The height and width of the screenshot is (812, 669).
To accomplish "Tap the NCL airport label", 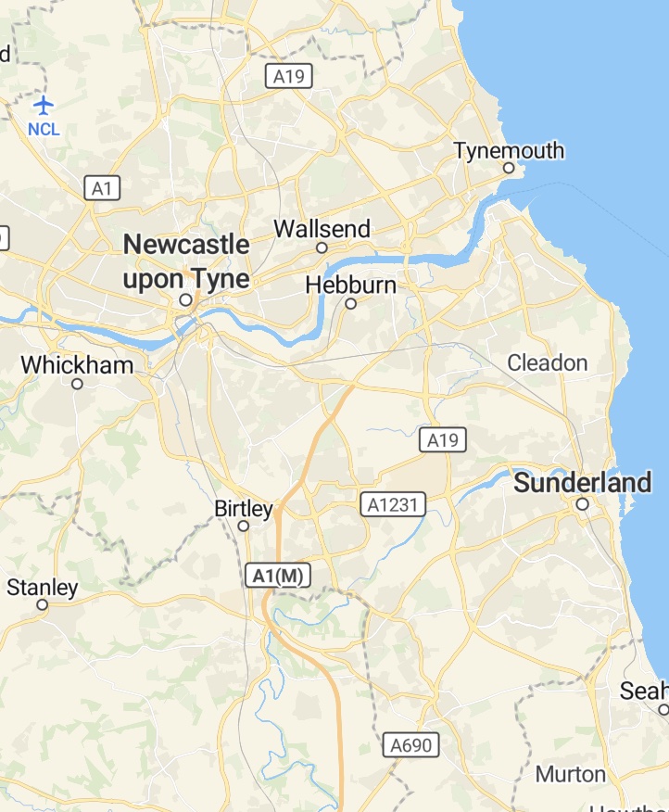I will (x=44, y=129).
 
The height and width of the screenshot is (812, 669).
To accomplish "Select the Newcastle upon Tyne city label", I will (x=186, y=261).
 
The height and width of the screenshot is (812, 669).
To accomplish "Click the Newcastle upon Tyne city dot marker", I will (x=185, y=300).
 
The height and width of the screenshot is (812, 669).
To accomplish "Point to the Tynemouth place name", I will (x=509, y=150).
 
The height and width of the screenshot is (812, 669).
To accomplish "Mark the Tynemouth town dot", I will (x=508, y=168).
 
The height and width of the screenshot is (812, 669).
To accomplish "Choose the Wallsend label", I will (x=322, y=229).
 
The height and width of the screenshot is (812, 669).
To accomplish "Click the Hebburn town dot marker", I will (x=350, y=303).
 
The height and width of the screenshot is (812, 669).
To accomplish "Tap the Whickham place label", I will (x=77, y=364).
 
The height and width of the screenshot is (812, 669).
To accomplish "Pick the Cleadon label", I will (x=548, y=362).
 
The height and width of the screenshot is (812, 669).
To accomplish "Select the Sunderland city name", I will (x=583, y=483).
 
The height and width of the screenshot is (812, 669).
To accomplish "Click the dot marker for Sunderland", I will (x=582, y=504).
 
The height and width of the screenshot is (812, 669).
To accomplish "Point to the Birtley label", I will (x=244, y=509).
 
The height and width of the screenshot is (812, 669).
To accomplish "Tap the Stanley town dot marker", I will (x=42, y=604).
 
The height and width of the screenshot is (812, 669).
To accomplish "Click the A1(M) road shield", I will (x=278, y=576).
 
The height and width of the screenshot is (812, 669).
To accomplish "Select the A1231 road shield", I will (x=393, y=504).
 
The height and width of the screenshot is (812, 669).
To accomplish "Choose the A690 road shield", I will (x=410, y=744).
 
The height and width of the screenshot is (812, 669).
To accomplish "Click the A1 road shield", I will (x=103, y=189).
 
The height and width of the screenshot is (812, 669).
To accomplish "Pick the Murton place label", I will (x=571, y=774).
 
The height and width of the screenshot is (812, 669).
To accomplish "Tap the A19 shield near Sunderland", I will (x=442, y=440).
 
